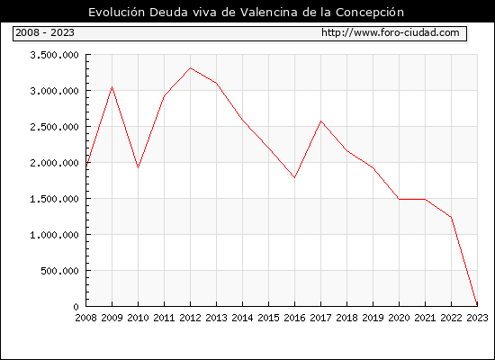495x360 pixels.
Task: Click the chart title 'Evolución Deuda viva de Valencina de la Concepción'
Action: coord(246,13)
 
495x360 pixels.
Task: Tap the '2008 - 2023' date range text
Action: coord(45,32)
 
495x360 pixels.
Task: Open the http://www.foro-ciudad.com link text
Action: coord(391,32)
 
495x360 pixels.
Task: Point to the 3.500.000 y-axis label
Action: coord(54,55)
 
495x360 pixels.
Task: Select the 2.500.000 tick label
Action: coord(54,127)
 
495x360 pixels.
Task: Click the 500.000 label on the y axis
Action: coord(59,271)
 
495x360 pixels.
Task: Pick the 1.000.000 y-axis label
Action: coord(54,235)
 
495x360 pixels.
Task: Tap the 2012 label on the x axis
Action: coord(190,318)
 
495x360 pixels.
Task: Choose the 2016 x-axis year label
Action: coord(294,318)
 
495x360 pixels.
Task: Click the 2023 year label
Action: coord(477,318)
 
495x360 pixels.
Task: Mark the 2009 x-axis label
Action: coord(112,318)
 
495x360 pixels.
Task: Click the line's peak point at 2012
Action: coord(191,67)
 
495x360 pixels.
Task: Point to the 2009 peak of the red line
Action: coord(112,86)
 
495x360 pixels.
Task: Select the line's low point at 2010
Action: coord(138,167)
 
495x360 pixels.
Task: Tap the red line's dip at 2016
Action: coord(294,177)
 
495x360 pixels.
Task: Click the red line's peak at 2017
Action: coord(320,121)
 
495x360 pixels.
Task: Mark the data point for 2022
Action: coord(452,217)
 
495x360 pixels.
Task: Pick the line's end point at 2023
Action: coord(477,305)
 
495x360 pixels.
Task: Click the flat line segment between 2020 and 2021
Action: coord(412,199)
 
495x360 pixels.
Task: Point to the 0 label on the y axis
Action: coord(76,307)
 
